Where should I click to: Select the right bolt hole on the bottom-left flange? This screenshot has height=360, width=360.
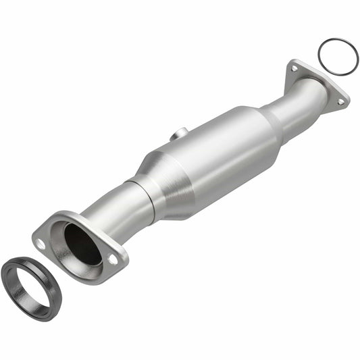coord(111,258)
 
